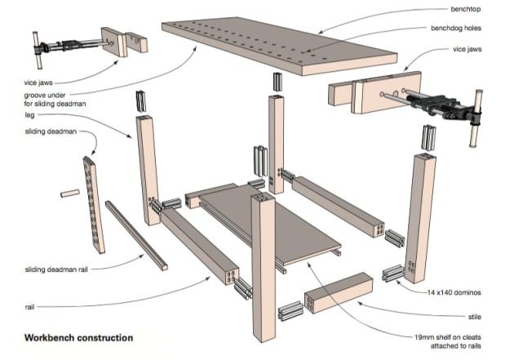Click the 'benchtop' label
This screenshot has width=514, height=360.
pos(466,9)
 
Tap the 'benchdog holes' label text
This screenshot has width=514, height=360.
pos(456,29)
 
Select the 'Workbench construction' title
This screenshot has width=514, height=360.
pos(78,338)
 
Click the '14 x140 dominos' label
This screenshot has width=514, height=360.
pos(454,292)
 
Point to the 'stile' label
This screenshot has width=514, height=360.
pos(475,317)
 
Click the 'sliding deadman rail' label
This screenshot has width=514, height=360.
pos(56,269)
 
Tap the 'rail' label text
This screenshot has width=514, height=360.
pos(29,307)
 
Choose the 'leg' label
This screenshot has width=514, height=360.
pos(29,115)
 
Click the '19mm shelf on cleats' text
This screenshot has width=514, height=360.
pos(448,337)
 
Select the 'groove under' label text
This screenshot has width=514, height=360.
pos(45,96)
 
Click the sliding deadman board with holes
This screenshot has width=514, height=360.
pos(94,205)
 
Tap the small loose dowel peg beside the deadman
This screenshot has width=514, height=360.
pos(70,193)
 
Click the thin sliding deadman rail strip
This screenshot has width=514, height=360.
pos(136,235)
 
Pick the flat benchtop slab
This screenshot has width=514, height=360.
pos(280,46)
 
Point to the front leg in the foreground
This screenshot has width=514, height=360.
pos(264,267)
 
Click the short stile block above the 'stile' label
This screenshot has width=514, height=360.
pos(339,293)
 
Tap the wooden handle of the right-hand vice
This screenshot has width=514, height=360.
pos(476,118)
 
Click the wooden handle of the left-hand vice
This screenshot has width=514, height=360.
pos(38,50)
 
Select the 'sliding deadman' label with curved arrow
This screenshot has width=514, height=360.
pos(51,131)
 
